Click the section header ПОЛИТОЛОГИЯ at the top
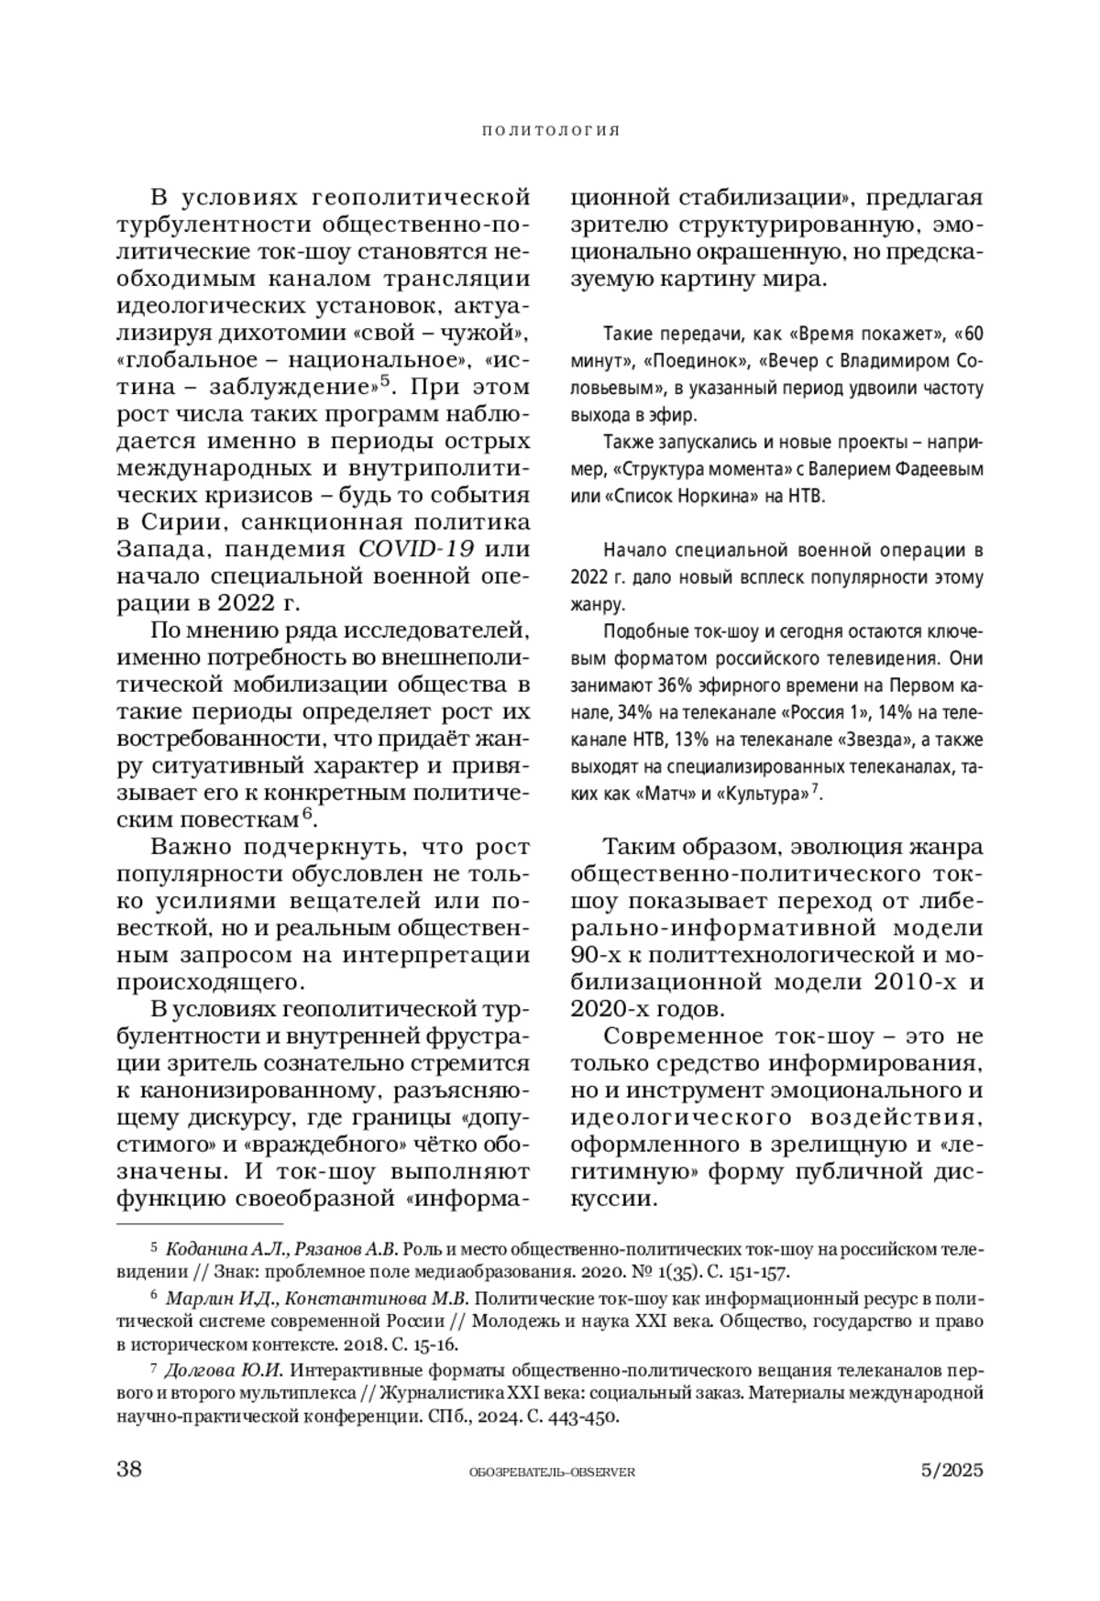551,131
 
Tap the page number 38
129,1470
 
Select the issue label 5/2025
951,1470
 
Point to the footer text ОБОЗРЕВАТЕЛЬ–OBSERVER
551,1472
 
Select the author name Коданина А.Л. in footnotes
218,1249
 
